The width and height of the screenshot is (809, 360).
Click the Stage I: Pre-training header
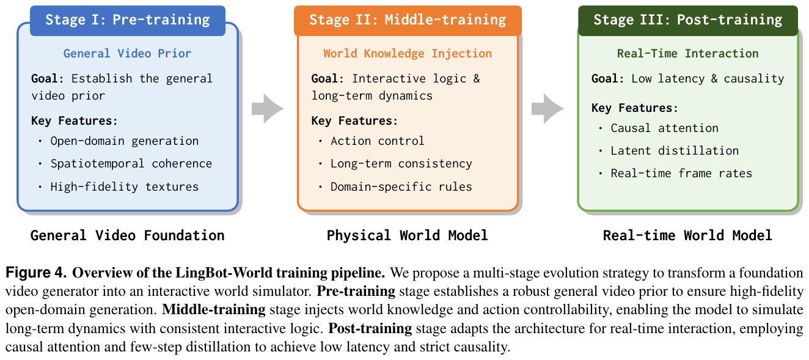128,20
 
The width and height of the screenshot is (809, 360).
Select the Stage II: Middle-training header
408,20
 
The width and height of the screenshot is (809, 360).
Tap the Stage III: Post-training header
687,20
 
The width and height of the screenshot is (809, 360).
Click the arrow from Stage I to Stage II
268,108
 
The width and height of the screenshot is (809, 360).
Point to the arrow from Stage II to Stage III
547,108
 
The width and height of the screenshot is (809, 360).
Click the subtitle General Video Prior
127,54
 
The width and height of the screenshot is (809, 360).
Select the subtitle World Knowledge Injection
408,54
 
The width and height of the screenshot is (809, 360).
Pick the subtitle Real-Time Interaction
687,54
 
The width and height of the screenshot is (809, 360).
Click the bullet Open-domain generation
124,141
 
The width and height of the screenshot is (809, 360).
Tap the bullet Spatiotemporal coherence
131,164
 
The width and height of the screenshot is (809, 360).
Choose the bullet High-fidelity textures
124,187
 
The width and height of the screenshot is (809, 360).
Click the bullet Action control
378,141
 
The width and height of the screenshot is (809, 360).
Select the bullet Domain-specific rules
401,187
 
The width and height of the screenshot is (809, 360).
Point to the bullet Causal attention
665,128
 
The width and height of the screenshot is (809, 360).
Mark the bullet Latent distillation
675,151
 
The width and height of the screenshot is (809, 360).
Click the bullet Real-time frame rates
681,174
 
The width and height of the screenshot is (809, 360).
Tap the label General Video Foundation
128,236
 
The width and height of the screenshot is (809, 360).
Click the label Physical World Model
408,236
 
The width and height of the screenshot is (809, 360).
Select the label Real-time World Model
687,236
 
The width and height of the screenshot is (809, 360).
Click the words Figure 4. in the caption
36,273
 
